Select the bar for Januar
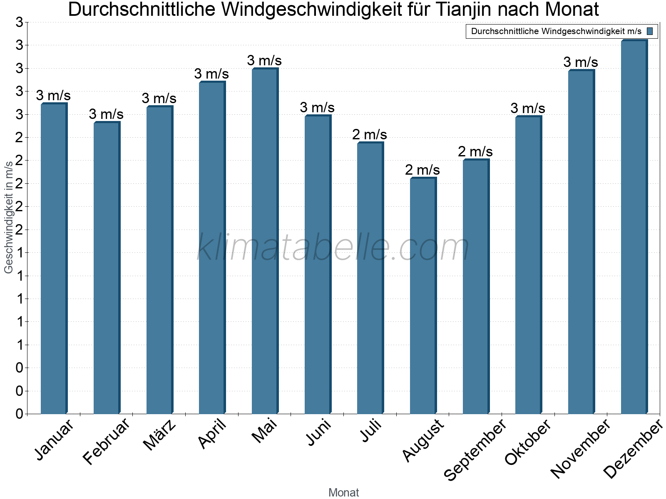(x=53, y=258)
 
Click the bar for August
(x=422, y=295)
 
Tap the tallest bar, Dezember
(x=634, y=227)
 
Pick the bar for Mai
(x=264, y=241)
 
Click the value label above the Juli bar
(x=370, y=135)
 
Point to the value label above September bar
(x=475, y=152)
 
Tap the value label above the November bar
(x=581, y=62)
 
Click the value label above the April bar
(x=211, y=74)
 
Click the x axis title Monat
(x=343, y=492)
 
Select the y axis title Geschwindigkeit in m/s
(x=8, y=217)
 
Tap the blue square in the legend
(x=650, y=31)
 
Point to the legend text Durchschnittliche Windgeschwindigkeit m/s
(x=556, y=31)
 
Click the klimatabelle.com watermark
(x=333, y=247)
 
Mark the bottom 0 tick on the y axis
(x=19, y=414)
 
